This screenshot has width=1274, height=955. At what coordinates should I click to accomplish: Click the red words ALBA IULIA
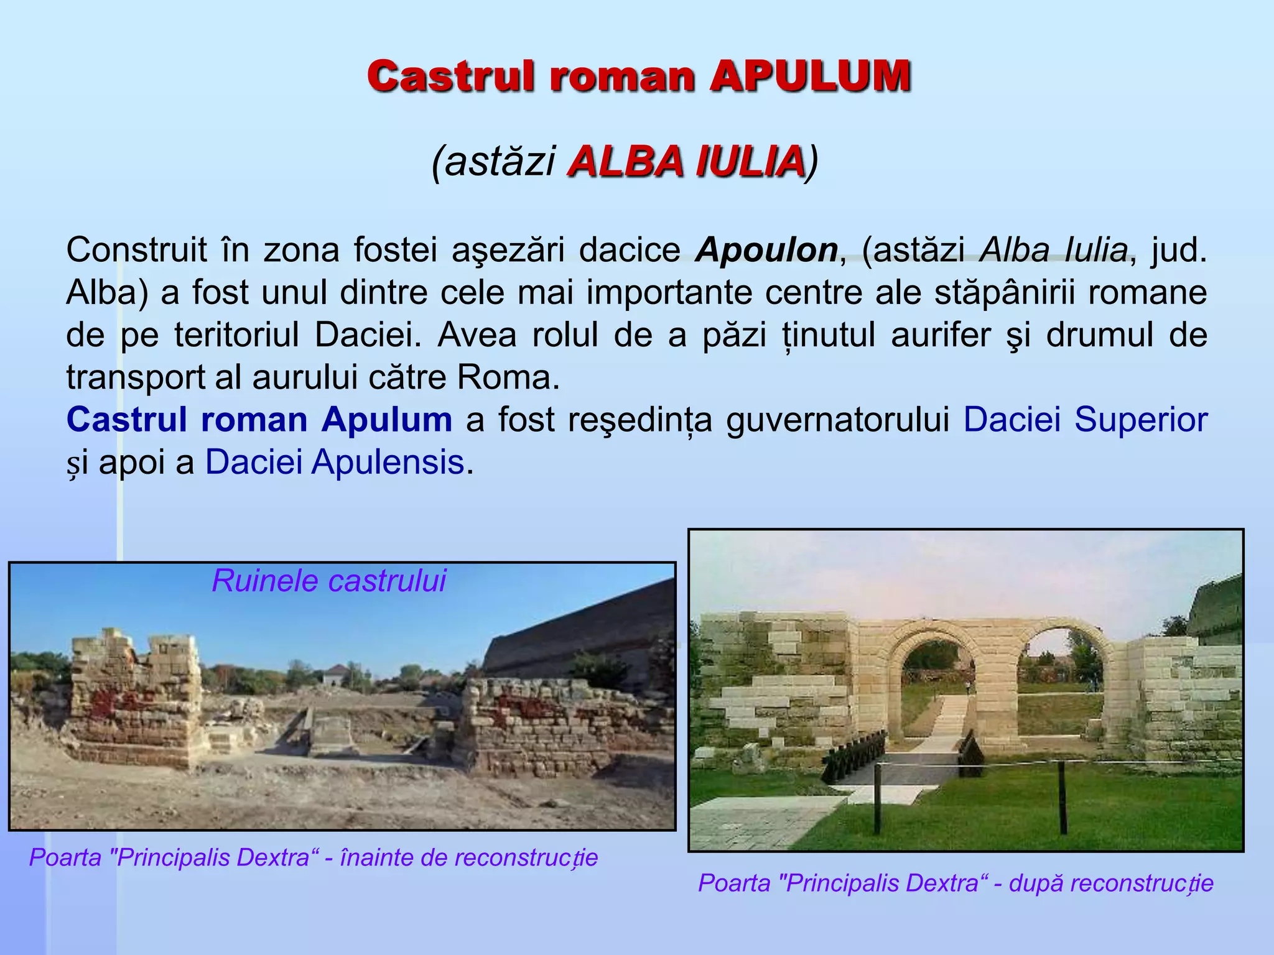coord(686,162)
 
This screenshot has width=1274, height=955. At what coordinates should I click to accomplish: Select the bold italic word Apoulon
coord(767,250)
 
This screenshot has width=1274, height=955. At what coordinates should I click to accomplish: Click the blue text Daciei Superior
coord(1085,420)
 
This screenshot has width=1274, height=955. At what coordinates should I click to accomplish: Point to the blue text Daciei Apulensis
coord(335,462)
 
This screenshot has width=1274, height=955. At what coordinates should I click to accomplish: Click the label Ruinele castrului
coord(328,581)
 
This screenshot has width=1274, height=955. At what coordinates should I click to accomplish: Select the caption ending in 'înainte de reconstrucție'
coord(314,858)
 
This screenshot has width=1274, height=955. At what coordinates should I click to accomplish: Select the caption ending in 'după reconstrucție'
coord(955,883)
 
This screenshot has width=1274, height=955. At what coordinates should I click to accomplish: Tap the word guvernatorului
coord(837,420)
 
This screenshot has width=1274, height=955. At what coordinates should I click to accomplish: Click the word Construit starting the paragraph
coord(137,250)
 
